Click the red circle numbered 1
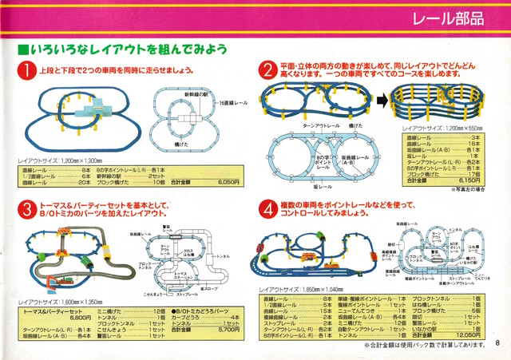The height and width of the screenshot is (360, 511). pyautogui.click(x=27, y=71)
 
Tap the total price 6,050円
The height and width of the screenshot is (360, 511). pyautogui.click(x=228, y=182)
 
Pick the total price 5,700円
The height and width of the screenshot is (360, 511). pyautogui.click(x=228, y=327)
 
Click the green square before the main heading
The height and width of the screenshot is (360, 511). pyautogui.click(x=22, y=50)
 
